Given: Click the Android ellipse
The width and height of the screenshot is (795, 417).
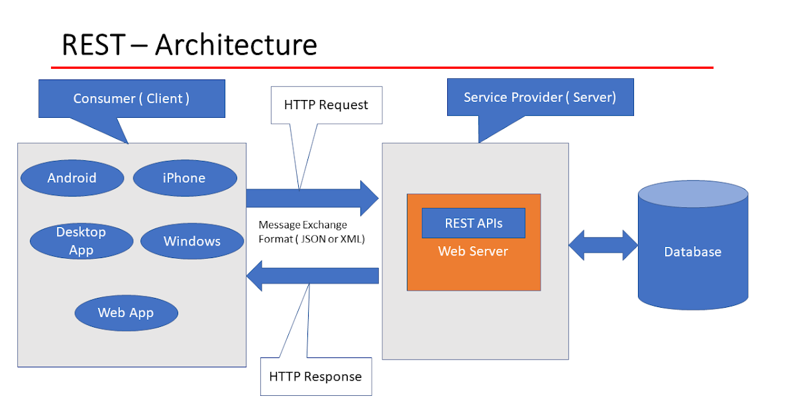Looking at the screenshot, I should tap(72, 177).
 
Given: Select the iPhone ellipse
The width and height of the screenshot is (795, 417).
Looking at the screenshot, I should tap(185, 177).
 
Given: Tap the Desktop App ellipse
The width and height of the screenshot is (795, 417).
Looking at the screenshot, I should tap(81, 241).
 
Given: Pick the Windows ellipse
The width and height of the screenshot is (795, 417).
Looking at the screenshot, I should tap(192, 241).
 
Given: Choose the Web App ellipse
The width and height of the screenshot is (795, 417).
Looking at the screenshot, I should tap(126, 312).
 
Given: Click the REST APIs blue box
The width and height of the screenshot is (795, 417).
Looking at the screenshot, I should tap(473, 223).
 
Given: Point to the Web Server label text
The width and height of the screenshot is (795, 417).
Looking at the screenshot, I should tap(473, 252).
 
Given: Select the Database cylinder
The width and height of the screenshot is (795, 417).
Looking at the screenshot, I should tap(693, 252).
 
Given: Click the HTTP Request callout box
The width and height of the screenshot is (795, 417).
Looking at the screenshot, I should tap(326, 105).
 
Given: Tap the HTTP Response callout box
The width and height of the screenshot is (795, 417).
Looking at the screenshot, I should tap(315, 377).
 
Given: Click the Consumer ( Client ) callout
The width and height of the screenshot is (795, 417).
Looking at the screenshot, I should tap(132, 98).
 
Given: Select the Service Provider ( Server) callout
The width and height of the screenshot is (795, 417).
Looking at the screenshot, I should tap(540, 97).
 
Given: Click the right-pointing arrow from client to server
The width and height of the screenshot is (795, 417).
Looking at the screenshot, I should tap(311, 198).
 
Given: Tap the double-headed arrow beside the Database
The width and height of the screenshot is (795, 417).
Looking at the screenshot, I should tap(603, 246).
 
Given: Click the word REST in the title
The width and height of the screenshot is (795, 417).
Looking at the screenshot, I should tap(93, 45).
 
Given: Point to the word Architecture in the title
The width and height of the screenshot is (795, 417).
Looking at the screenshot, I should tap(237, 45).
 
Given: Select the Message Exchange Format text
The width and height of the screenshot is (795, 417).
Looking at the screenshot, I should tap(311, 232).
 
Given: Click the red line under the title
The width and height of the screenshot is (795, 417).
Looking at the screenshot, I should tap(382, 68).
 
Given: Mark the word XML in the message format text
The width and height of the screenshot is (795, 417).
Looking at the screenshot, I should tap(352, 238).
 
